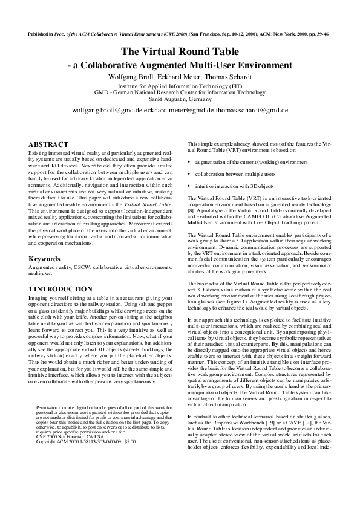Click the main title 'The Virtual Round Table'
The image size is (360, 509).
coord(180,52)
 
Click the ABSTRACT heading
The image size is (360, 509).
coord(49,144)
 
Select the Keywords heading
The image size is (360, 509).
coord(45,259)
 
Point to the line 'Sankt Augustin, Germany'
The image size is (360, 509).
coord(180,98)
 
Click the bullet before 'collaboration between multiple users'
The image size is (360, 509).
coord(189,174)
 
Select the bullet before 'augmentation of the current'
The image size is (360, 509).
coord(189,163)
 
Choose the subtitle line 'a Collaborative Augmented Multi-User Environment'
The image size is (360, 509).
coord(182,65)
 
